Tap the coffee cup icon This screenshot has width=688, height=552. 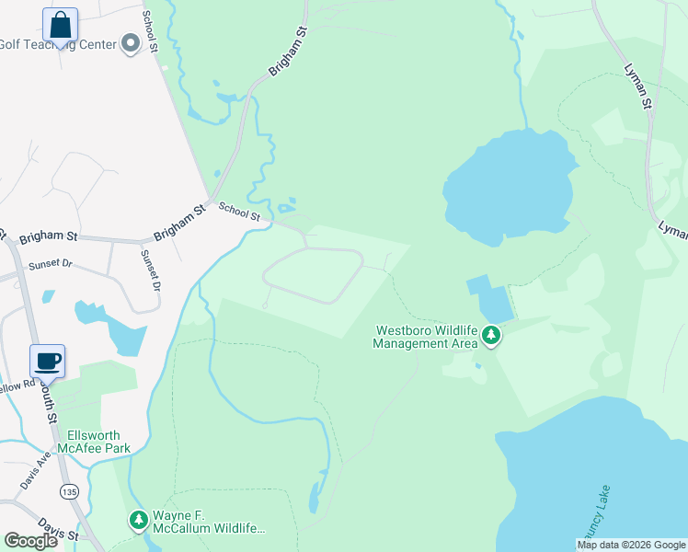point(47,361)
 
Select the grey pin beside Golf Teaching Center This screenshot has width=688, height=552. point(130,43)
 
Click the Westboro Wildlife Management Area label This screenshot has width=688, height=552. point(425,337)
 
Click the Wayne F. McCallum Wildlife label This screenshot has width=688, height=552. point(209,522)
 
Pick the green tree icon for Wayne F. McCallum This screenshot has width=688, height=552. point(139,522)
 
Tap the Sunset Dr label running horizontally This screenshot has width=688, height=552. point(50,264)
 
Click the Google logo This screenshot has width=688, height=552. point(30,540)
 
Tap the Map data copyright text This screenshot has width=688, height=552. point(631,545)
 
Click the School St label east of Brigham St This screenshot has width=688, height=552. point(238,213)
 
